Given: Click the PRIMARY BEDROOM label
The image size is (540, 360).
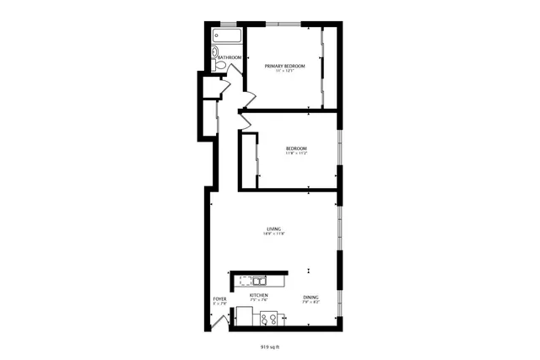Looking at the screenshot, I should [284, 66].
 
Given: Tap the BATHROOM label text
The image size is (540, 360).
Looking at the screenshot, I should [229, 57].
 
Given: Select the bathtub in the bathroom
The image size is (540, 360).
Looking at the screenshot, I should [227, 37].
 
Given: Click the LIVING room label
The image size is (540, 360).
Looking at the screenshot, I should [274, 228].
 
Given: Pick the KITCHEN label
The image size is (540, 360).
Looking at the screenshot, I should [259, 295].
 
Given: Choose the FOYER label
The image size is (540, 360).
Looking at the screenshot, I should [219, 299].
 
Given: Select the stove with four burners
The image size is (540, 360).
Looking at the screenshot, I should [271, 320].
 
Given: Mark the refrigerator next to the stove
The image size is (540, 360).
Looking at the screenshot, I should [245, 317].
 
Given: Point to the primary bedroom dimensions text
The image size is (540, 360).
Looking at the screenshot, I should [284, 72].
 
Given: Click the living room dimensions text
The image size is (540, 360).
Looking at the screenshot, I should [274, 234].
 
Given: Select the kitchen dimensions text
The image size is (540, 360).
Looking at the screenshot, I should [259, 300].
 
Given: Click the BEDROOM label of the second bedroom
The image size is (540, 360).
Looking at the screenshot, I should [295, 148].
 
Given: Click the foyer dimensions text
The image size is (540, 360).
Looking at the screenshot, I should [219, 304].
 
